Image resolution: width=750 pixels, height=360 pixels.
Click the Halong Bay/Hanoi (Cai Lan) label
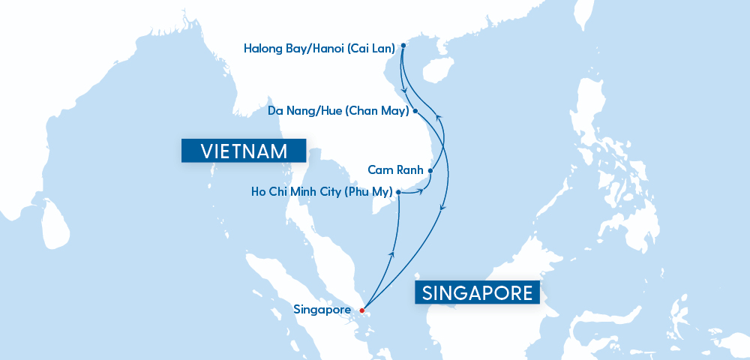point(319,49)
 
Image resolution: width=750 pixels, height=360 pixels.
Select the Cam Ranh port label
point(395,170)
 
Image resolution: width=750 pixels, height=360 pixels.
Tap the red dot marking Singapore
point(361,310)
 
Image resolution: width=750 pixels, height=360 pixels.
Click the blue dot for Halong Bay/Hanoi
point(403,46)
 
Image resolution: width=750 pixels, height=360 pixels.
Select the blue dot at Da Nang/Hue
point(415,111)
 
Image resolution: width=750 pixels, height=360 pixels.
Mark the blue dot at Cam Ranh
point(430,170)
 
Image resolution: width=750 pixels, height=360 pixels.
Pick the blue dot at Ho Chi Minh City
point(398,192)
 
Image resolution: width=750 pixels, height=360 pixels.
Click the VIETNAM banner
point(244,151)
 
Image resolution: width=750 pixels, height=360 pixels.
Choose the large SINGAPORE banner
point(478,292)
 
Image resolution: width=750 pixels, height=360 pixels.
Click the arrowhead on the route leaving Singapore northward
point(391,254)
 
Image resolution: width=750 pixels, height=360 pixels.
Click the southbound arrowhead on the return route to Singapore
point(442,208)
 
